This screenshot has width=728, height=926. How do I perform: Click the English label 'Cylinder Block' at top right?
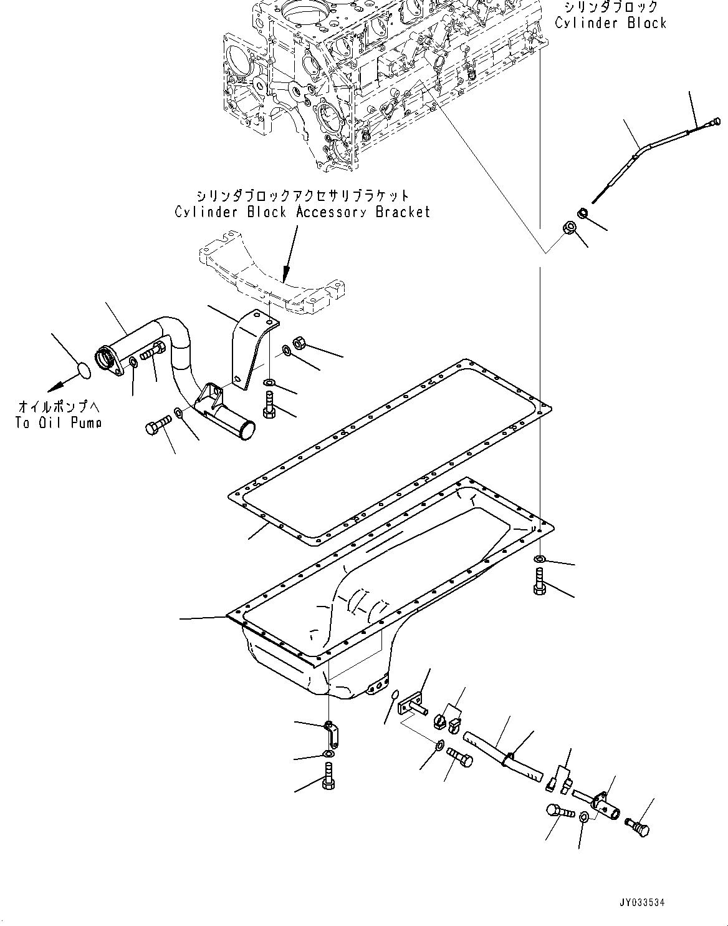(x=610, y=23)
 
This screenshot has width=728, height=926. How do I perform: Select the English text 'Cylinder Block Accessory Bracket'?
(x=302, y=212)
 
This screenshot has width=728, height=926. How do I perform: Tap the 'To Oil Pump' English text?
(x=58, y=422)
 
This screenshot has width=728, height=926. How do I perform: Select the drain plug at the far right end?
(x=636, y=826)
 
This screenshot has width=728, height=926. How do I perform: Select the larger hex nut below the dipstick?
(x=568, y=228)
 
